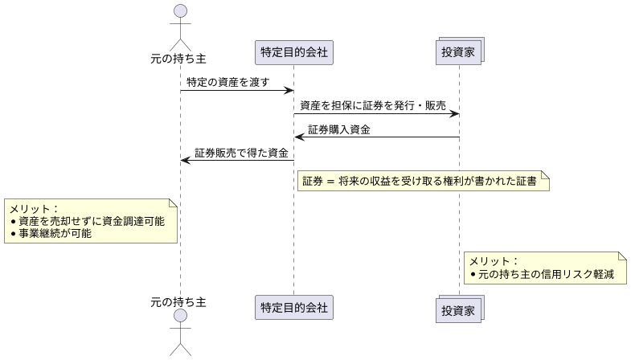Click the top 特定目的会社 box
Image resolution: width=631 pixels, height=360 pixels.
coord(293,53)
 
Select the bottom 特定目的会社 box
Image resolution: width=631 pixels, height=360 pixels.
coord(293,306)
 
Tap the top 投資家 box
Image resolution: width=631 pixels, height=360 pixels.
coord(460,53)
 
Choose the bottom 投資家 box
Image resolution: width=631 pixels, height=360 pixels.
coord(460,309)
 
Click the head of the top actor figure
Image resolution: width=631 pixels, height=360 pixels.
coord(180,11)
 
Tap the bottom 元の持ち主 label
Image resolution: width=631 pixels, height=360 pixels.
coord(178,301)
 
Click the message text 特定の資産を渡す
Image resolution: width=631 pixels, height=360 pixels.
coord(227,82)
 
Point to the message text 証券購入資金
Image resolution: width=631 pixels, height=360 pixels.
coord(339,129)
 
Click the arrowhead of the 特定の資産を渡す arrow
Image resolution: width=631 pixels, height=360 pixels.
coord(288,90)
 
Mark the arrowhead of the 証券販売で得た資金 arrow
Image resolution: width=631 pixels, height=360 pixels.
coord(186,160)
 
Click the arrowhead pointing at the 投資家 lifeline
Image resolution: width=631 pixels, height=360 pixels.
coord(454,113)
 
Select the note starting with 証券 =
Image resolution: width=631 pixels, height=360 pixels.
coord(423,182)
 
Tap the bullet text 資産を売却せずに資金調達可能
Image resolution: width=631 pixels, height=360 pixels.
coord(92,221)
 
